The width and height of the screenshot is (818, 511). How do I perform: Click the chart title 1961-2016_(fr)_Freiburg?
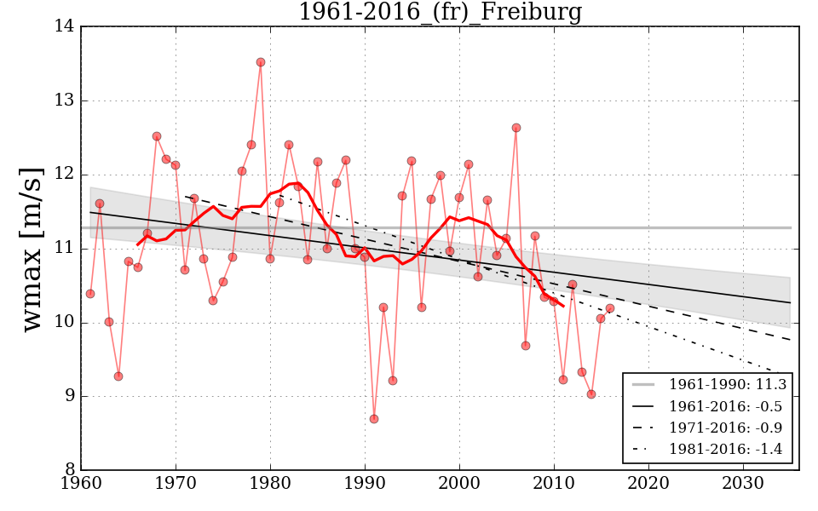click(x=440, y=13)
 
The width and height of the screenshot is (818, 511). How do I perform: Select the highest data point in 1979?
click(x=261, y=62)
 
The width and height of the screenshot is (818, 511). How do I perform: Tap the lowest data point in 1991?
click(x=374, y=419)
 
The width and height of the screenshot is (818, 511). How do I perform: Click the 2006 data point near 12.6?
click(x=516, y=128)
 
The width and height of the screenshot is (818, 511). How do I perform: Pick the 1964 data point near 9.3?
click(x=118, y=376)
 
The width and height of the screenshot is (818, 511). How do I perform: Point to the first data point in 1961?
click(x=90, y=294)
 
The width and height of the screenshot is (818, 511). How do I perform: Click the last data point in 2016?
click(x=610, y=308)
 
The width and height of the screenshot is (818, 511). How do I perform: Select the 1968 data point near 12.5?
click(x=157, y=136)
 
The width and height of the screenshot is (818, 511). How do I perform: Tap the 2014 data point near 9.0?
click(x=591, y=394)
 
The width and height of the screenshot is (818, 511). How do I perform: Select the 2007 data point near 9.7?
click(x=526, y=346)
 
